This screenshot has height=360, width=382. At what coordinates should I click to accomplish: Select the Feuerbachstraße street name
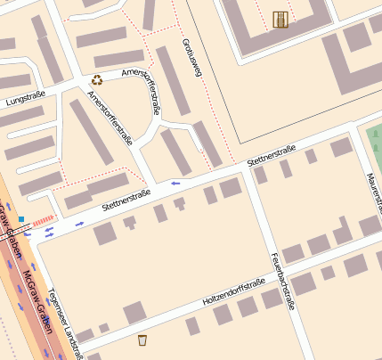click(282, 280)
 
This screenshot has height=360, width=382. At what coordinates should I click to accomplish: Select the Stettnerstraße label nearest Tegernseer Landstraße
click(126, 199)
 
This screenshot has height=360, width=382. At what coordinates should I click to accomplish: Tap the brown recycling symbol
click(96, 80)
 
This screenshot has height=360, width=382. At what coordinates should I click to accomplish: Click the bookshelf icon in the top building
click(280, 19)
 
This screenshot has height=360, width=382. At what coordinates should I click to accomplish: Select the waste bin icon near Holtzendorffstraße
click(142, 340)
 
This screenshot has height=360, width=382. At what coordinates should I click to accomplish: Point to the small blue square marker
click(20, 217)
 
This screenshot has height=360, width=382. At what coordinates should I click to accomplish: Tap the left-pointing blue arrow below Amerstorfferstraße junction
click(175, 183)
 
